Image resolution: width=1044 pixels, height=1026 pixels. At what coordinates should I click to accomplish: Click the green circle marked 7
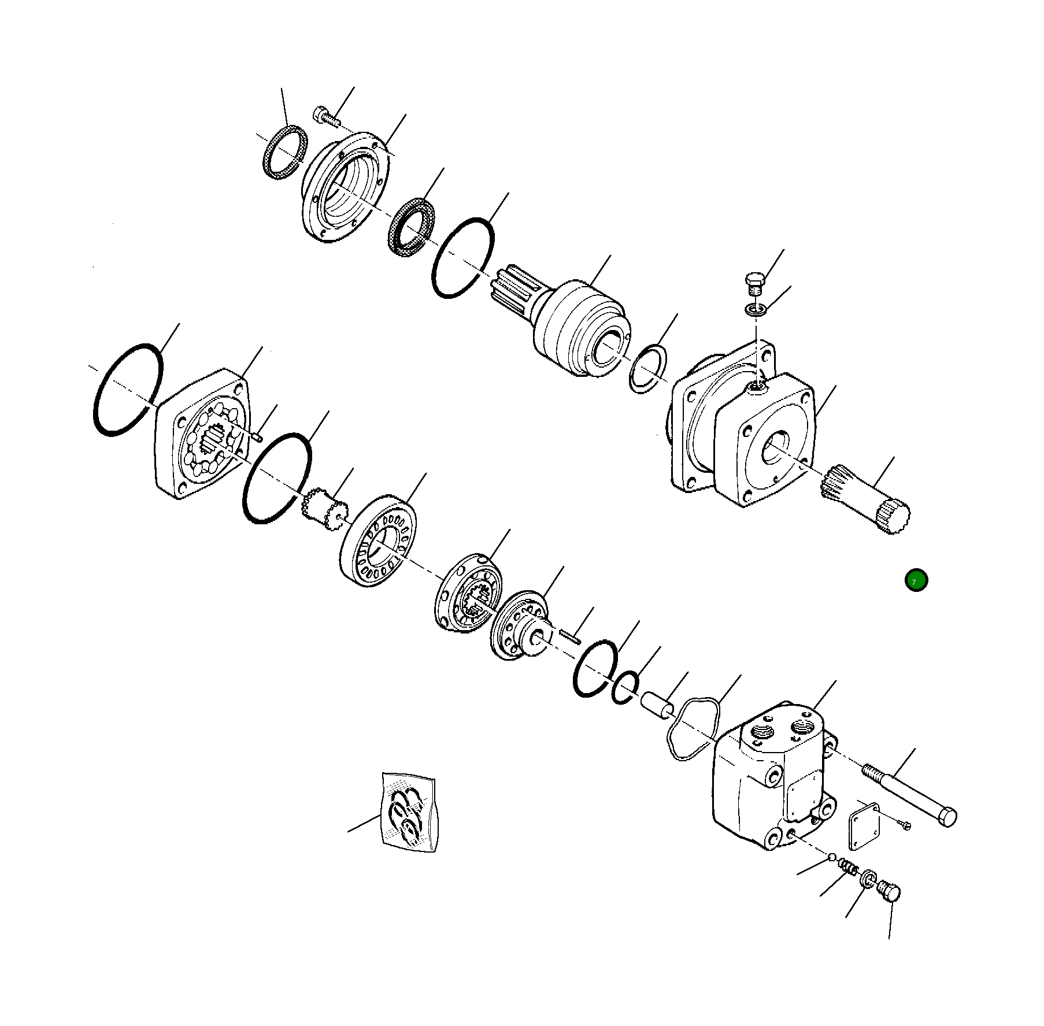pyautogui.click(x=916, y=580)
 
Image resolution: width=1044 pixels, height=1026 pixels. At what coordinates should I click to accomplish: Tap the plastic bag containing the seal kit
pyautogui.click(x=409, y=812)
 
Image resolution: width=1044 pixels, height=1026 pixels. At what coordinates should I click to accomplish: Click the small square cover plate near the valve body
pyautogui.click(x=864, y=825)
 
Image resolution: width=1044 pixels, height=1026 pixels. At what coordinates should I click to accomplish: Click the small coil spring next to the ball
pyautogui.click(x=848, y=867)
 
